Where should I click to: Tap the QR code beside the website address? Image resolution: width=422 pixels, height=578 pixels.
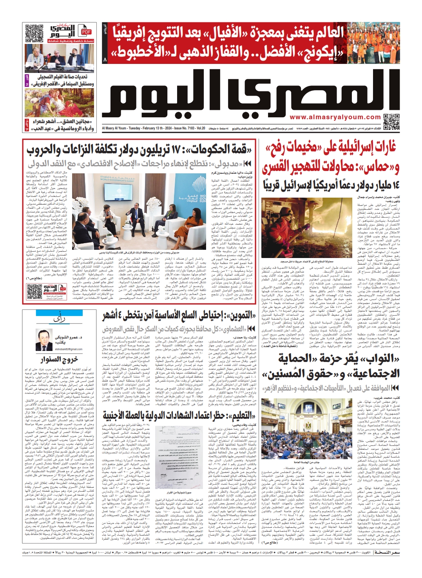point(391,122)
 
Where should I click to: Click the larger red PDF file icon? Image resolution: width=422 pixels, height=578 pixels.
point(86,32)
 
